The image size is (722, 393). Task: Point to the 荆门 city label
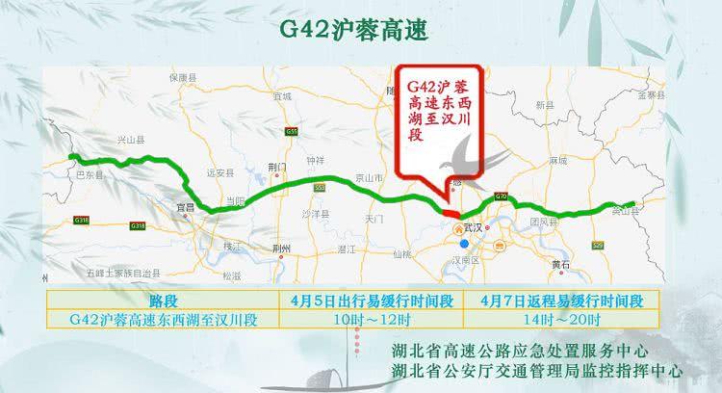[276, 166]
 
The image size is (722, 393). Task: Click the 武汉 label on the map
[472, 227]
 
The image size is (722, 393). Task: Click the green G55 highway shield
[292, 131]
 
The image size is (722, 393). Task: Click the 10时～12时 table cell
[370, 318]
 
